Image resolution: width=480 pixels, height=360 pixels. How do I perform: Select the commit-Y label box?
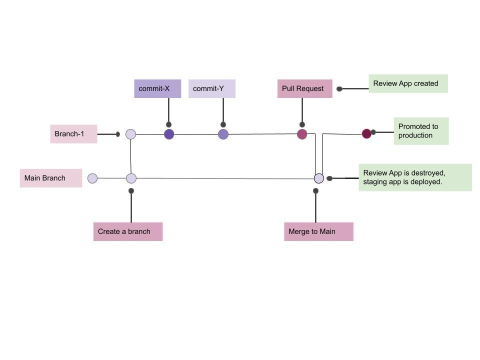[x=211, y=88]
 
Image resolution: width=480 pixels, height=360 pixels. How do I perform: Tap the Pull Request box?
[x=304, y=88]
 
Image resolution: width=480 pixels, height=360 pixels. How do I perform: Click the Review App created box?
[x=408, y=83]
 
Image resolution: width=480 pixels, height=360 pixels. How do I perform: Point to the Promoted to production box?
[x=421, y=131]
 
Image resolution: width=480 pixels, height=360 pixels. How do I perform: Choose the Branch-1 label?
[x=73, y=134]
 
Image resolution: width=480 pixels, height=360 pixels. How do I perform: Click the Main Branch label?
[x=51, y=178]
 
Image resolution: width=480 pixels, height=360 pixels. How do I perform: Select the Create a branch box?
[x=128, y=231]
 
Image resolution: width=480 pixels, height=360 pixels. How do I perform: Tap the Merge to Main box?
[x=318, y=231]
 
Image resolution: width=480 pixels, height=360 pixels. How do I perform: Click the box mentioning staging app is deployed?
[x=415, y=177]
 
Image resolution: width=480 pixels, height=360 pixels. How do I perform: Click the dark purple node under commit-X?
[x=169, y=134]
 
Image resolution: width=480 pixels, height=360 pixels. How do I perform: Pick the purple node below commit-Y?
[x=223, y=134]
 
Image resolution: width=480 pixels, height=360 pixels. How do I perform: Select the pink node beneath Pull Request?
[x=302, y=134]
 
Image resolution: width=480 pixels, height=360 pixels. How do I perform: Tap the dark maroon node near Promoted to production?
[x=366, y=133]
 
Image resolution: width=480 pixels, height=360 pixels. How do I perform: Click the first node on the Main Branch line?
[x=92, y=178]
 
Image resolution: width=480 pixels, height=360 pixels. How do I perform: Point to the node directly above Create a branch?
[x=131, y=178]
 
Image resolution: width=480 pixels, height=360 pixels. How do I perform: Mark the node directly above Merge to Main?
[x=319, y=178]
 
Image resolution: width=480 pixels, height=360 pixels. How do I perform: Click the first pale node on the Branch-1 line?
[x=130, y=134]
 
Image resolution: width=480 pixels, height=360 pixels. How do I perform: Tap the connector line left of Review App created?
[x=354, y=88]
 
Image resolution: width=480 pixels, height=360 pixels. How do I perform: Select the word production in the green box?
[x=415, y=135]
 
